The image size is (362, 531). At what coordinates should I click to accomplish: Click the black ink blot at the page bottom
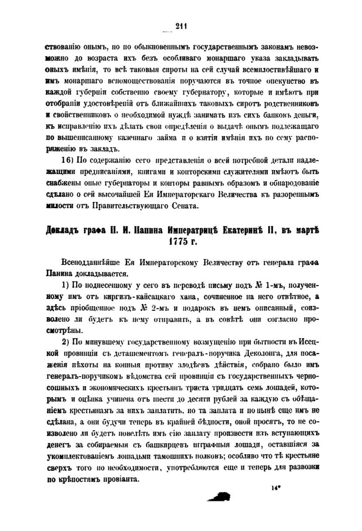pyautogui.click(x=220, y=496)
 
